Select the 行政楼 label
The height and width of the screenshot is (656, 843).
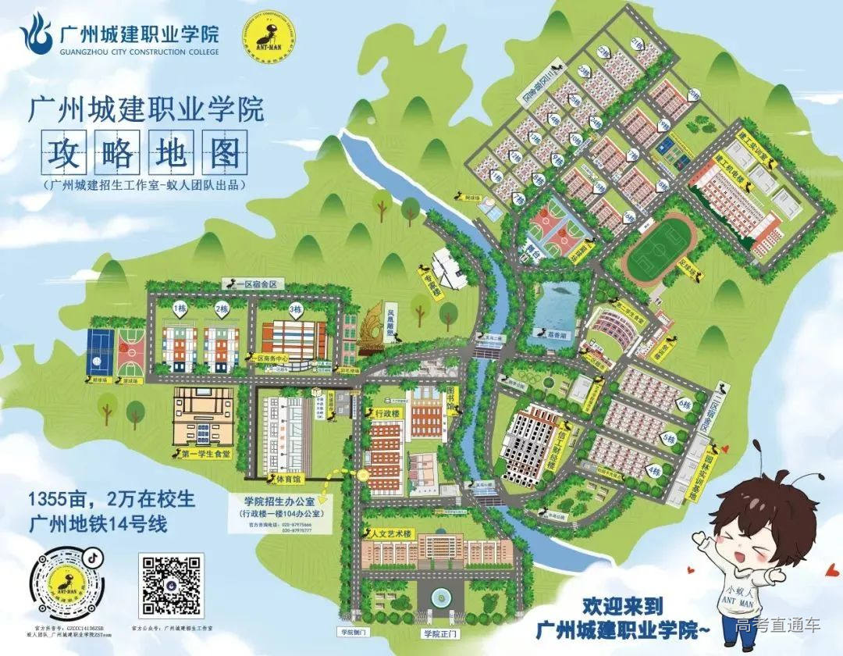(x=387, y=412)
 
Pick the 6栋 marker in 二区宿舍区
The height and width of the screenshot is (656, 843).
(x=685, y=404)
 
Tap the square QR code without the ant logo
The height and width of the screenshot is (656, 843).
(x=171, y=583)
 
